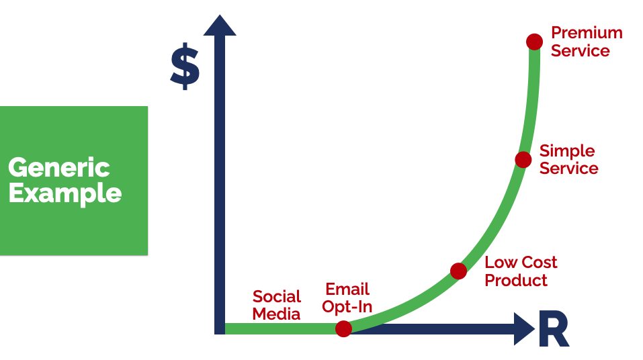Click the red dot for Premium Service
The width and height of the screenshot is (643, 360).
[x=534, y=42]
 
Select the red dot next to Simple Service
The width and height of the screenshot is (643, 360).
[x=523, y=159]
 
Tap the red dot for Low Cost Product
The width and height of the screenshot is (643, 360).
[x=458, y=271]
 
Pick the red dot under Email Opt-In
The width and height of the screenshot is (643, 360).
[x=343, y=328]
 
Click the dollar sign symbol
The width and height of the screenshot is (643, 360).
[x=185, y=66]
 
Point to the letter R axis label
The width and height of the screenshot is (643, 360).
[x=554, y=329]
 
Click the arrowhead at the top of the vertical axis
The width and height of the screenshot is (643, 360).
[x=220, y=25]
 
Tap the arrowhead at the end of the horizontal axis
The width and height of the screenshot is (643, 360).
[x=525, y=329]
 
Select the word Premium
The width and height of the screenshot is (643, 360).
[x=587, y=33]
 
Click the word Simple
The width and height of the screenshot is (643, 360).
[x=567, y=151]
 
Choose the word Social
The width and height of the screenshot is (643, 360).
[x=277, y=296]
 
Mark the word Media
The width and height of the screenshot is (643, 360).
[x=276, y=314]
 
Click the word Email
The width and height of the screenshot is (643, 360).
[x=347, y=289]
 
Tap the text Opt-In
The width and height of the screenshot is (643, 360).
[x=347, y=307]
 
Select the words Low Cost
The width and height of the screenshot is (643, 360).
[x=521, y=263]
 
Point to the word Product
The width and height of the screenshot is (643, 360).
[x=516, y=281]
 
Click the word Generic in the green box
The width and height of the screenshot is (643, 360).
[x=59, y=168]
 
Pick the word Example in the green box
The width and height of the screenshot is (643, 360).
[x=65, y=193]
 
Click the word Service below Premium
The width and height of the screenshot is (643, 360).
[x=581, y=51]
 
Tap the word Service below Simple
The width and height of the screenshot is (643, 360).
[x=569, y=168]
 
